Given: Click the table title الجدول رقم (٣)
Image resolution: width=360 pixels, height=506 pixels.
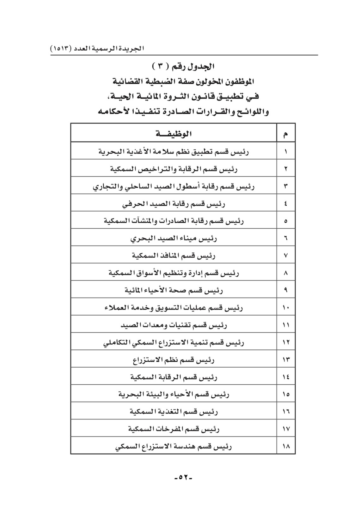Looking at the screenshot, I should pos(183,67).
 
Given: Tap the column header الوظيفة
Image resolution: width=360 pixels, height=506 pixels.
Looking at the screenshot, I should pos(174,134).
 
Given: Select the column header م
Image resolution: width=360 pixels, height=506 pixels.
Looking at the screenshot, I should pos(286,134).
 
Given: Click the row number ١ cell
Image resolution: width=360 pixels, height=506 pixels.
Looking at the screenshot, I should pos(286,152).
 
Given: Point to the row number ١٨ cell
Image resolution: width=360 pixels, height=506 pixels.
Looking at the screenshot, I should pos(286,446).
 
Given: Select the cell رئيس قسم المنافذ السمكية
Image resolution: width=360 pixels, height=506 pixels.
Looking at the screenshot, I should pos(174,255).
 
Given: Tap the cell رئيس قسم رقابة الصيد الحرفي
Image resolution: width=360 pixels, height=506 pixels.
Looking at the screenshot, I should pos(174,204).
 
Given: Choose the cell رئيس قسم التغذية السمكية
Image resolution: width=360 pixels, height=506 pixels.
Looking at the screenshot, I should pos(174,412).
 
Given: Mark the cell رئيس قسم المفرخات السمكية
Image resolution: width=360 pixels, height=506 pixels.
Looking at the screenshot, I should pos(174,429).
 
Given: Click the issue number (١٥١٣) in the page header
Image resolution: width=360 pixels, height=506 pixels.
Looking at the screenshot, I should pos(61,49).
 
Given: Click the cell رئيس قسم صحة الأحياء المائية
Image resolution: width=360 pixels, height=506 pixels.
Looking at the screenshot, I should pos(174,290).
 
